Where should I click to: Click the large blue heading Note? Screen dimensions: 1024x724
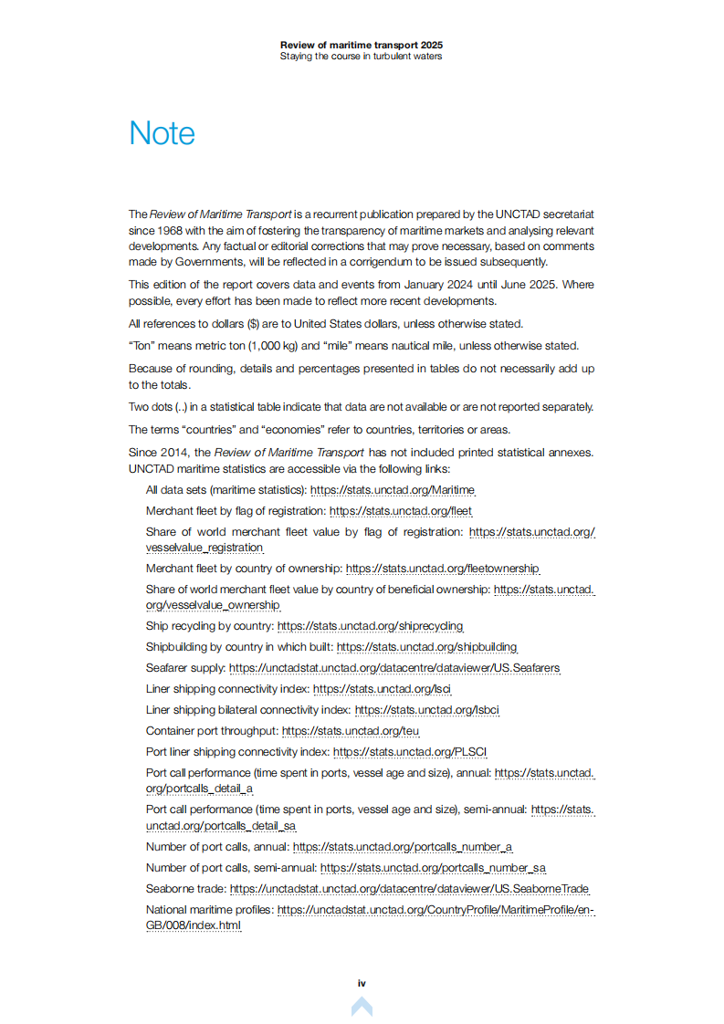[162, 133]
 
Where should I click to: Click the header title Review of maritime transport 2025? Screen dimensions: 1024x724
[362, 45]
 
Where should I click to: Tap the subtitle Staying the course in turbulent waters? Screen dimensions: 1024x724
[362, 56]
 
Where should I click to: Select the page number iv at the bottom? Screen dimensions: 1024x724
[362, 983]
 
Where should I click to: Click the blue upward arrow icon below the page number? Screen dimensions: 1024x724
[362, 1007]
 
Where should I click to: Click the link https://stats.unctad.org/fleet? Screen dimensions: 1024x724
[401, 511]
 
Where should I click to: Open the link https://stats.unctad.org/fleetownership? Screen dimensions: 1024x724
[443, 569]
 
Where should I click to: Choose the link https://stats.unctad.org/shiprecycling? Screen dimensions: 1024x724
[370, 626]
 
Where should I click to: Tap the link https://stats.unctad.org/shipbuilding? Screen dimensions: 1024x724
[426, 647]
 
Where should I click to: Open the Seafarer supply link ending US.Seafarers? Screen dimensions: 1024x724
[394, 668]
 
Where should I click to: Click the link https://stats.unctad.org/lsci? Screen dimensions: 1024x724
[383, 689]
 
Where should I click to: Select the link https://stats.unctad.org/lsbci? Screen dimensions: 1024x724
[426, 710]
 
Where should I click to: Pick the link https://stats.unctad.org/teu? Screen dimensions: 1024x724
[351, 731]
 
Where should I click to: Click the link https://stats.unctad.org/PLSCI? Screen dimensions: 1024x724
[410, 752]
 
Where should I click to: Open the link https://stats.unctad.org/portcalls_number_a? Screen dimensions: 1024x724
[403, 847]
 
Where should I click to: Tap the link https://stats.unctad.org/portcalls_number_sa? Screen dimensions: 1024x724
[434, 868]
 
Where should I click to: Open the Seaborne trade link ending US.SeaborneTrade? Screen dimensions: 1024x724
[409, 889]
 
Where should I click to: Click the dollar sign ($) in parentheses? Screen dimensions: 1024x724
[252, 324]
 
